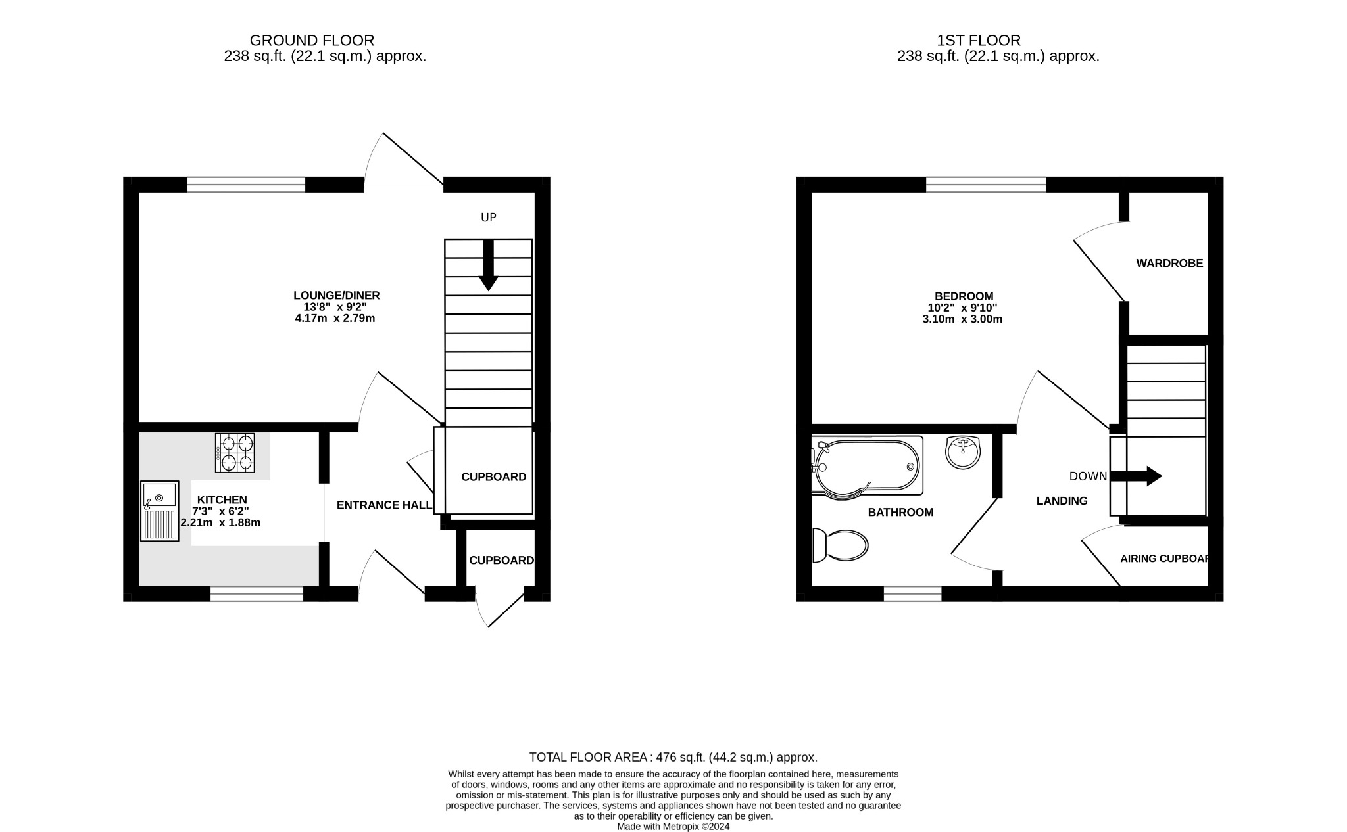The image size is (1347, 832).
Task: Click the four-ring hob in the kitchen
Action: click(235, 453)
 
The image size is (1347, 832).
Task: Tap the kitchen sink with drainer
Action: click(159, 511)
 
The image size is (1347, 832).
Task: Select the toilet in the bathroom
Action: click(840, 545)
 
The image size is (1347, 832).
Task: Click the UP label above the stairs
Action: click(488, 218)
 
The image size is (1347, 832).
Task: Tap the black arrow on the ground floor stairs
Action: click(488, 265)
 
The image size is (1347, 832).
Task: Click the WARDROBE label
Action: click(1169, 264)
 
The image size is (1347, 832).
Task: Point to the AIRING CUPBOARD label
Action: click(1165, 559)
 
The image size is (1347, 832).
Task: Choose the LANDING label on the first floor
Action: click(1062, 501)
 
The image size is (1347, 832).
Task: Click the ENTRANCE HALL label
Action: click(384, 505)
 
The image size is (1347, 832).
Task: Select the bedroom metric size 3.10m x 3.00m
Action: click(962, 319)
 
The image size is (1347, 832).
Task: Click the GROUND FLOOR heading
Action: click(312, 41)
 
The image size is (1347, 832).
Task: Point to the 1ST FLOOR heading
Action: click(979, 41)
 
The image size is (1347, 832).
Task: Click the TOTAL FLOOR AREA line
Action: click(673, 757)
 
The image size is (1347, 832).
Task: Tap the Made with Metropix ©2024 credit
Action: click(673, 827)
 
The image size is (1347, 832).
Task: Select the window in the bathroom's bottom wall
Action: click(912, 594)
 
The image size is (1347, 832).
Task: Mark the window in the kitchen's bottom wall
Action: click(257, 594)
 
